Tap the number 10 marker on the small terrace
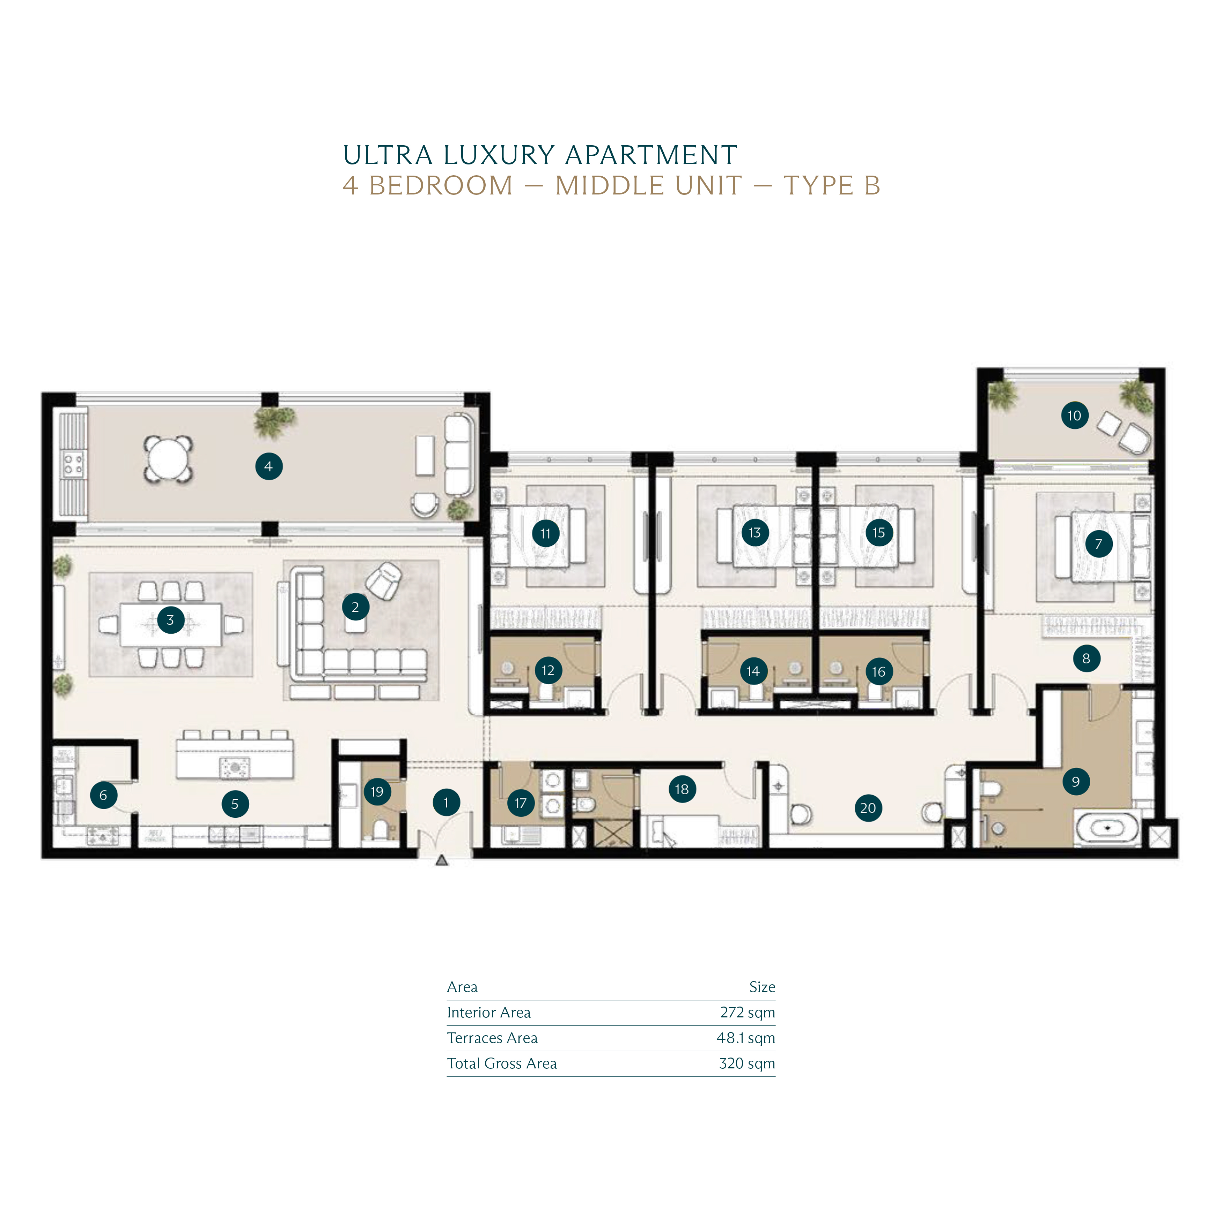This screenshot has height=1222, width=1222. pyautogui.click(x=1075, y=415)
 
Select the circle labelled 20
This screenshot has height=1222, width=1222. pyautogui.click(x=868, y=808)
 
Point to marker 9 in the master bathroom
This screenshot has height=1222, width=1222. pyautogui.click(x=1076, y=782)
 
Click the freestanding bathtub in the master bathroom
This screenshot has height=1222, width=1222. pyautogui.click(x=1107, y=828)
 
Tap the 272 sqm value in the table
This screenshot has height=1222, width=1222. pyautogui.click(x=748, y=1013)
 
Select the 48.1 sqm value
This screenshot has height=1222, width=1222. pyautogui.click(x=746, y=1038)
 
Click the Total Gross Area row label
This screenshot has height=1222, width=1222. pyautogui.click(x=502, y=1064)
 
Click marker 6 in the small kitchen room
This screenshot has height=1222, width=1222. pyautogui.click(x=104, y=795)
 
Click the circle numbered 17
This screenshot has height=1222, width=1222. pyautogui.click(x=521, y=803)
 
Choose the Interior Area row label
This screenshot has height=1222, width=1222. pyautogui.click(x=489, y=1013)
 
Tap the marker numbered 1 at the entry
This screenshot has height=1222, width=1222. pyautogui.click(x=447, y=803)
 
